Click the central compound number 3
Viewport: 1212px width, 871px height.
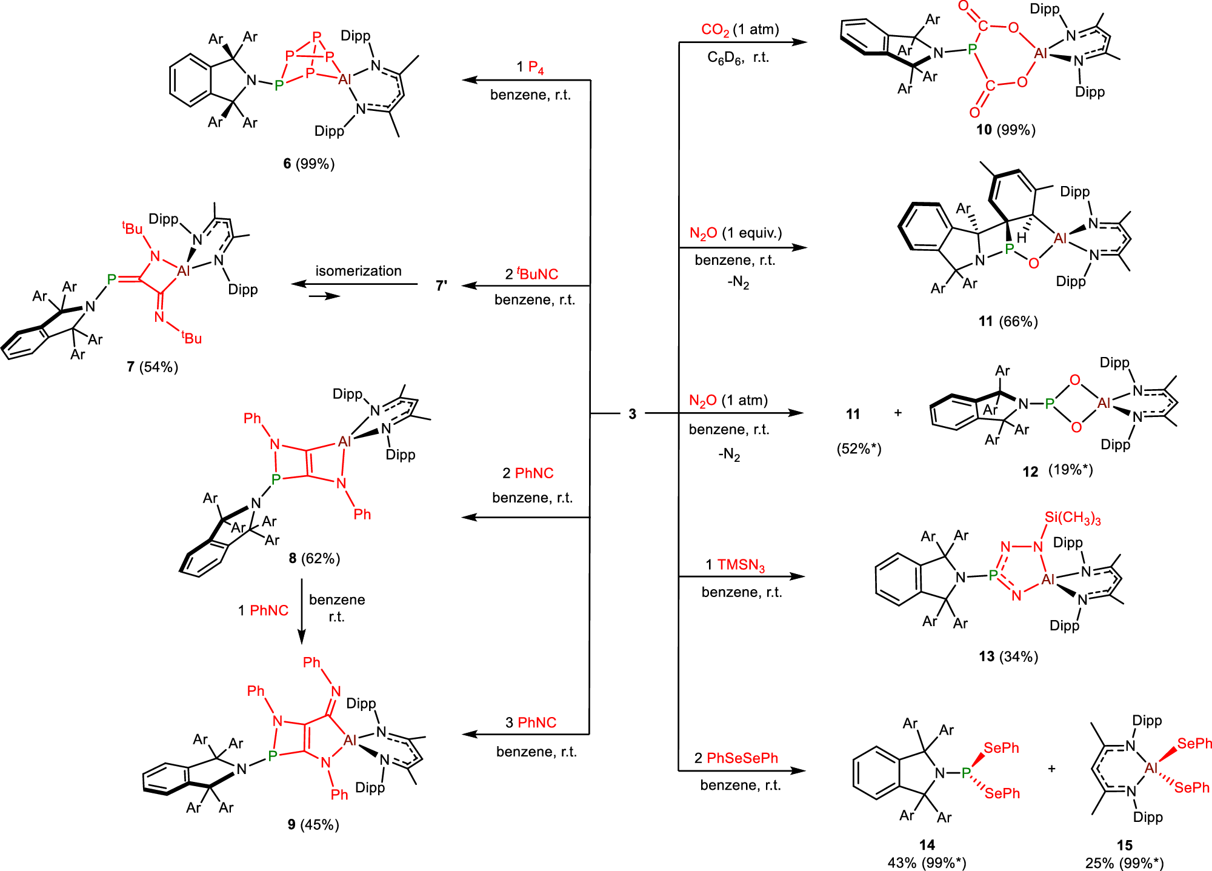[x=632, y=414]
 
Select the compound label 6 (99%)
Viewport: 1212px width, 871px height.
[x=309, y=164]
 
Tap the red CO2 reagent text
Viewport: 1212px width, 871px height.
[x=714, y=30]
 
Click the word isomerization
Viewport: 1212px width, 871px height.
[x=358, y=271]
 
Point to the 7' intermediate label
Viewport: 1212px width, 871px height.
[x=442, y=285]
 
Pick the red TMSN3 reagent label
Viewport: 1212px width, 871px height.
[x=741, y=566]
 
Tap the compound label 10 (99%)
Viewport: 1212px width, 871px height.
[x=1005, y=130]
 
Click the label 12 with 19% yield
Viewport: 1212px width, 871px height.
[x=1057, y=471]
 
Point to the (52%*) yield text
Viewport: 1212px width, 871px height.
[x=859, y=449]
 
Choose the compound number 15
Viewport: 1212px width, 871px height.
[x=1124, y=845]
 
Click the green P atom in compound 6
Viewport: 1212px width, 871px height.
[x=279, y=85]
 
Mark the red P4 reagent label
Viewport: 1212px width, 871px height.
[x=536, y=67]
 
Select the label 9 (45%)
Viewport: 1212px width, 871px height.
[x=313, y=825]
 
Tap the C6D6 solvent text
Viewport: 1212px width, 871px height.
[x=724, y=58]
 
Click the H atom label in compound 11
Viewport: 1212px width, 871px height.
[x=1022, y=238]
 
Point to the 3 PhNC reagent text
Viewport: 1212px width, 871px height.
[x=531, y=722]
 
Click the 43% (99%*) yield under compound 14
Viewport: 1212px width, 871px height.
[x=927, y=863]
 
